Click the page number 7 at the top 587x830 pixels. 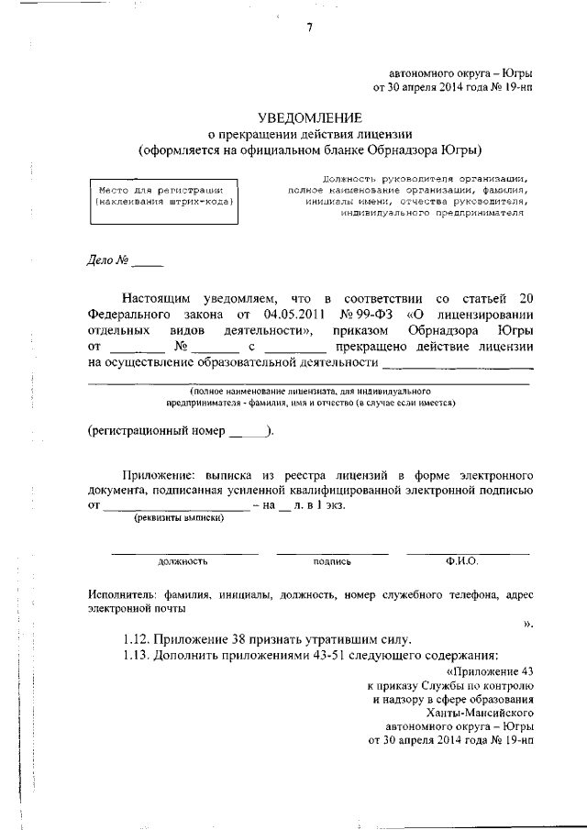[x=309, y=28]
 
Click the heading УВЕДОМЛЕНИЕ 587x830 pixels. [x=309, y=117]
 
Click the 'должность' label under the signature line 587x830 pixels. [x=183, y=560]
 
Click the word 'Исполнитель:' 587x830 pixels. [x=119, y=594]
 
